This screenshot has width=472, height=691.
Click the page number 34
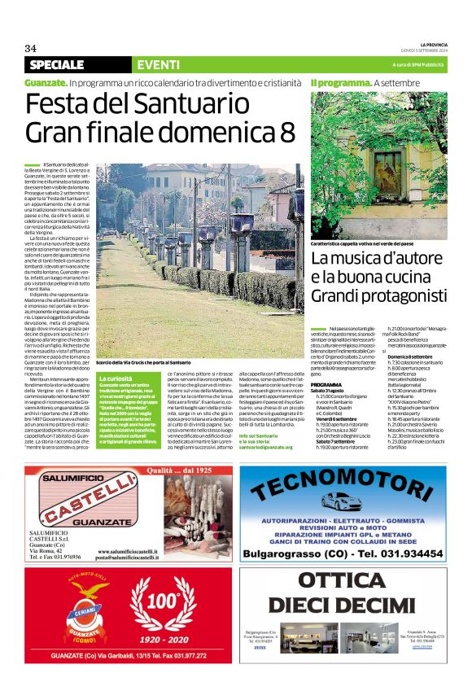tap(31, 48)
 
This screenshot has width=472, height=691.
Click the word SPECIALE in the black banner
tap(57, 64)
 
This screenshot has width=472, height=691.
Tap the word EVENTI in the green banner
tap(159, 64)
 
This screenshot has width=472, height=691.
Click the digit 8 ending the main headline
tap(287, 130)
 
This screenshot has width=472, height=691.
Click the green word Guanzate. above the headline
tap(46, 83)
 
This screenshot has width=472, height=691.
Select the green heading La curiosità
tap(116, 379)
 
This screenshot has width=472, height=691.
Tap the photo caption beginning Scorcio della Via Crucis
tap(143, 361)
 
